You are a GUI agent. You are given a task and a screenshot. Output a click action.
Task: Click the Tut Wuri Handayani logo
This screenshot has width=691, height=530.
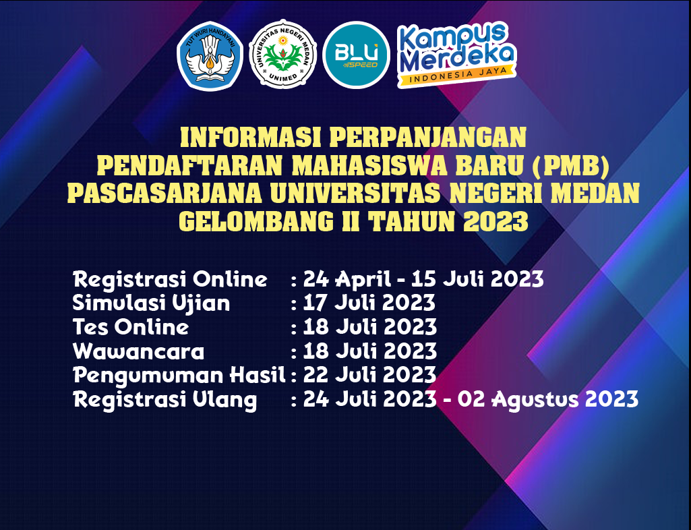tap(210, 56)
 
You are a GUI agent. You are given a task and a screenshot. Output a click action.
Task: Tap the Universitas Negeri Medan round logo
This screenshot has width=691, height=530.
tap(282, 54)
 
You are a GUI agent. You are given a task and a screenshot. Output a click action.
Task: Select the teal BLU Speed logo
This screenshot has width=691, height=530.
tap(356, 55)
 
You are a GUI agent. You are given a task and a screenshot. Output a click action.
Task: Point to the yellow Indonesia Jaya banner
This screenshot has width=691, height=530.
tap(456, 76)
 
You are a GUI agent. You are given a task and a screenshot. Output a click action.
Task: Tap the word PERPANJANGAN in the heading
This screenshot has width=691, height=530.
tap(428, 137)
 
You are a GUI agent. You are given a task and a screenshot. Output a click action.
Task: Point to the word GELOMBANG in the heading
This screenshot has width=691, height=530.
tap(256, 221)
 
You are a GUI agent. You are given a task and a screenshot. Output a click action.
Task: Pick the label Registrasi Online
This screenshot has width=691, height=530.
tap(170, 280)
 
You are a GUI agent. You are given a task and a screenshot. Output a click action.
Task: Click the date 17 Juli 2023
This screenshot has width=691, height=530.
tap(369, 303)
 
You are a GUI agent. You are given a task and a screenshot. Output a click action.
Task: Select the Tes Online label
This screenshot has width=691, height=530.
tap(131, 327)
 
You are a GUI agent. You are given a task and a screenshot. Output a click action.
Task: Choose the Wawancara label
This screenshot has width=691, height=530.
tap(138, 352)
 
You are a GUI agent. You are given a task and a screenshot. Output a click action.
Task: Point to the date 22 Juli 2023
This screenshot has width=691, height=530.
tap(369, 375)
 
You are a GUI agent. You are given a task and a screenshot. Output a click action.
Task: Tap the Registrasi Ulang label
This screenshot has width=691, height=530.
tap(164, 400)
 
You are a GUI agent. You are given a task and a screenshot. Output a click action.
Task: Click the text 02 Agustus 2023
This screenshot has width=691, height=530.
tap(548, 400)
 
